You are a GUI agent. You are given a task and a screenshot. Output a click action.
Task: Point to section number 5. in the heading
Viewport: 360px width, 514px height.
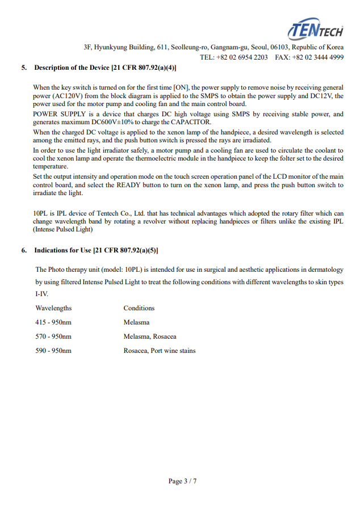pyautogui.click(x=24, y=68)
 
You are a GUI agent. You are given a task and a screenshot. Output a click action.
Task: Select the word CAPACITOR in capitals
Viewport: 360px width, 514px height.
pyautogui.click(x=189, y=122)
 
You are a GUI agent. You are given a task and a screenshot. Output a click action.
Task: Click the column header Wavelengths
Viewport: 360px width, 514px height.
pyautogui.click(x=53, y=308)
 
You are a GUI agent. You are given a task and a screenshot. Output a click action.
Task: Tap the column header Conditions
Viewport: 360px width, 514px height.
pyautogui.click(x=139, y=308)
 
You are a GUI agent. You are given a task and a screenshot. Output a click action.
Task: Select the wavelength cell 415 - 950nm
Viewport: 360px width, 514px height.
pyautogui.click(x=53, y=322)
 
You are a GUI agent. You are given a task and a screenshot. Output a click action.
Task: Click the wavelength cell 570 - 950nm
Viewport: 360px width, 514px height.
pyautogui.click(x=53, y=336)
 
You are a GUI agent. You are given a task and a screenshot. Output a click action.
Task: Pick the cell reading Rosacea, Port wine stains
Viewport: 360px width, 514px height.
pyautogui.click(x=160, y=351)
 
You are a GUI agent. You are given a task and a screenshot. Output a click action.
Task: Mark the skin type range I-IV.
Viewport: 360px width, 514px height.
pyautogui.click(x=42, y=294)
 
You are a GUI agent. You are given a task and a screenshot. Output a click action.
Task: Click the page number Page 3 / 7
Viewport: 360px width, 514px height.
pyautogui.click(x=182, y=481)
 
